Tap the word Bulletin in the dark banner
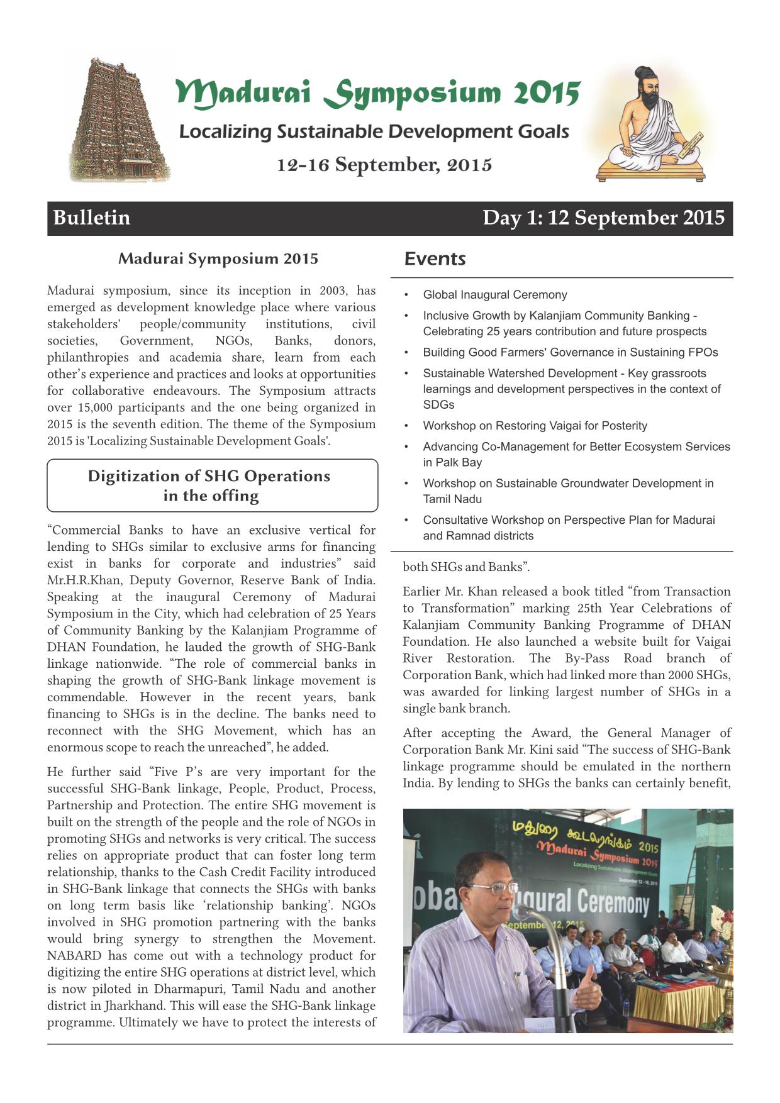(x=92, y=218)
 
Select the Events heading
(x=435, y=258)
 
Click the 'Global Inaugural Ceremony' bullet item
(x=494, y=295)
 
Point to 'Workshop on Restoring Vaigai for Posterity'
(x=535, y=426)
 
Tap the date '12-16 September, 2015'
(x=384, y=165)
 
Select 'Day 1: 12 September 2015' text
(x=603, y=218)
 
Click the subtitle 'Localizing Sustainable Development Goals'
(x=374, y=131)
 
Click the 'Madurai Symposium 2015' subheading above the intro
(x=218, y=258)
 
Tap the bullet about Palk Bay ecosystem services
(x=576, y=454)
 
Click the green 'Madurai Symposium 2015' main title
(x=377, y=93)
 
